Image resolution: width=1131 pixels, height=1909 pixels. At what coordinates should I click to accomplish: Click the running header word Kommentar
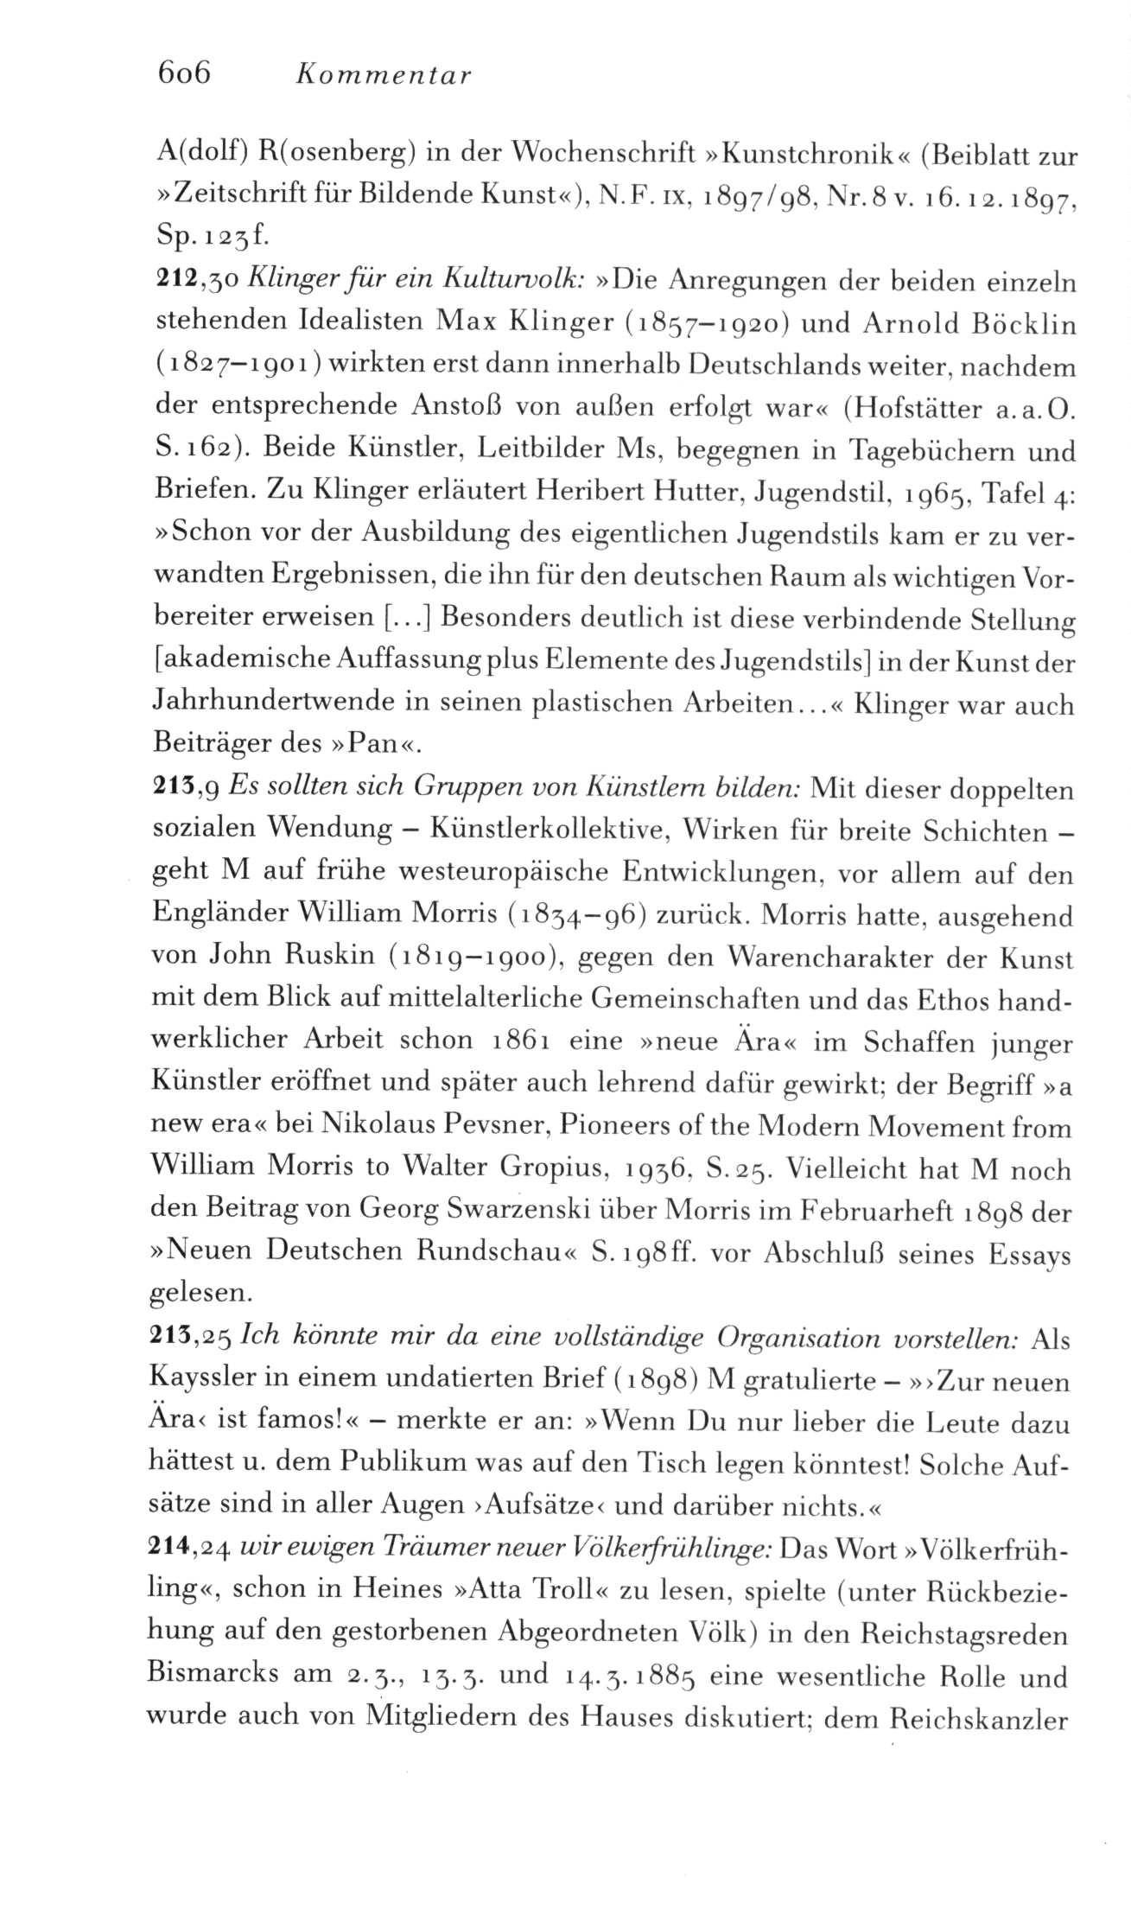coord(383,76)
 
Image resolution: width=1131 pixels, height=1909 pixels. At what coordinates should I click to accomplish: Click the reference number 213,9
coord(188,787)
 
